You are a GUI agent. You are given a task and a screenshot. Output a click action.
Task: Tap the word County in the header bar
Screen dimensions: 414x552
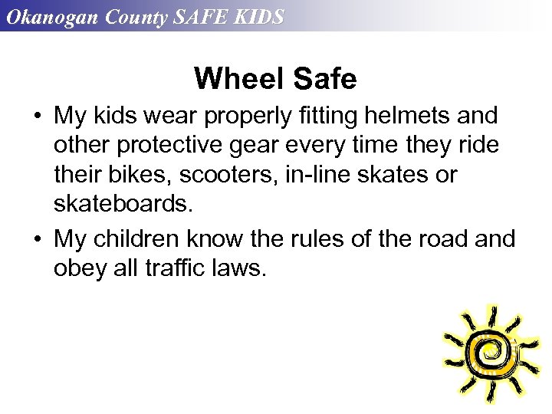(134, 17)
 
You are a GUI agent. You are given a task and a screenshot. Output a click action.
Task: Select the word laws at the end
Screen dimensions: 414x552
(233, 268)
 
